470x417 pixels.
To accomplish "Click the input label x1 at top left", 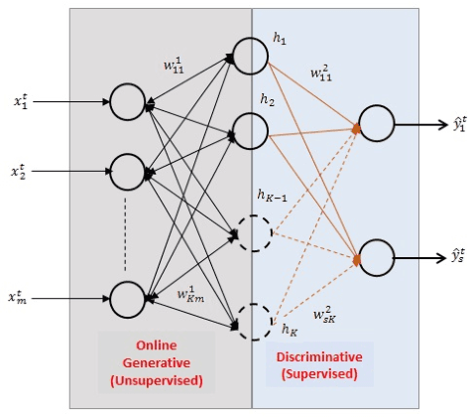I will pos(22,100).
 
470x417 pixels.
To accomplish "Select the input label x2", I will pos(22,171).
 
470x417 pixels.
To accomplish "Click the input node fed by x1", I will pos(128,101).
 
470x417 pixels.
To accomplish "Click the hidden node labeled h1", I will pos(251,57).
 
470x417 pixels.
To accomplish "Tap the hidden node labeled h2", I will pos(251,127).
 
